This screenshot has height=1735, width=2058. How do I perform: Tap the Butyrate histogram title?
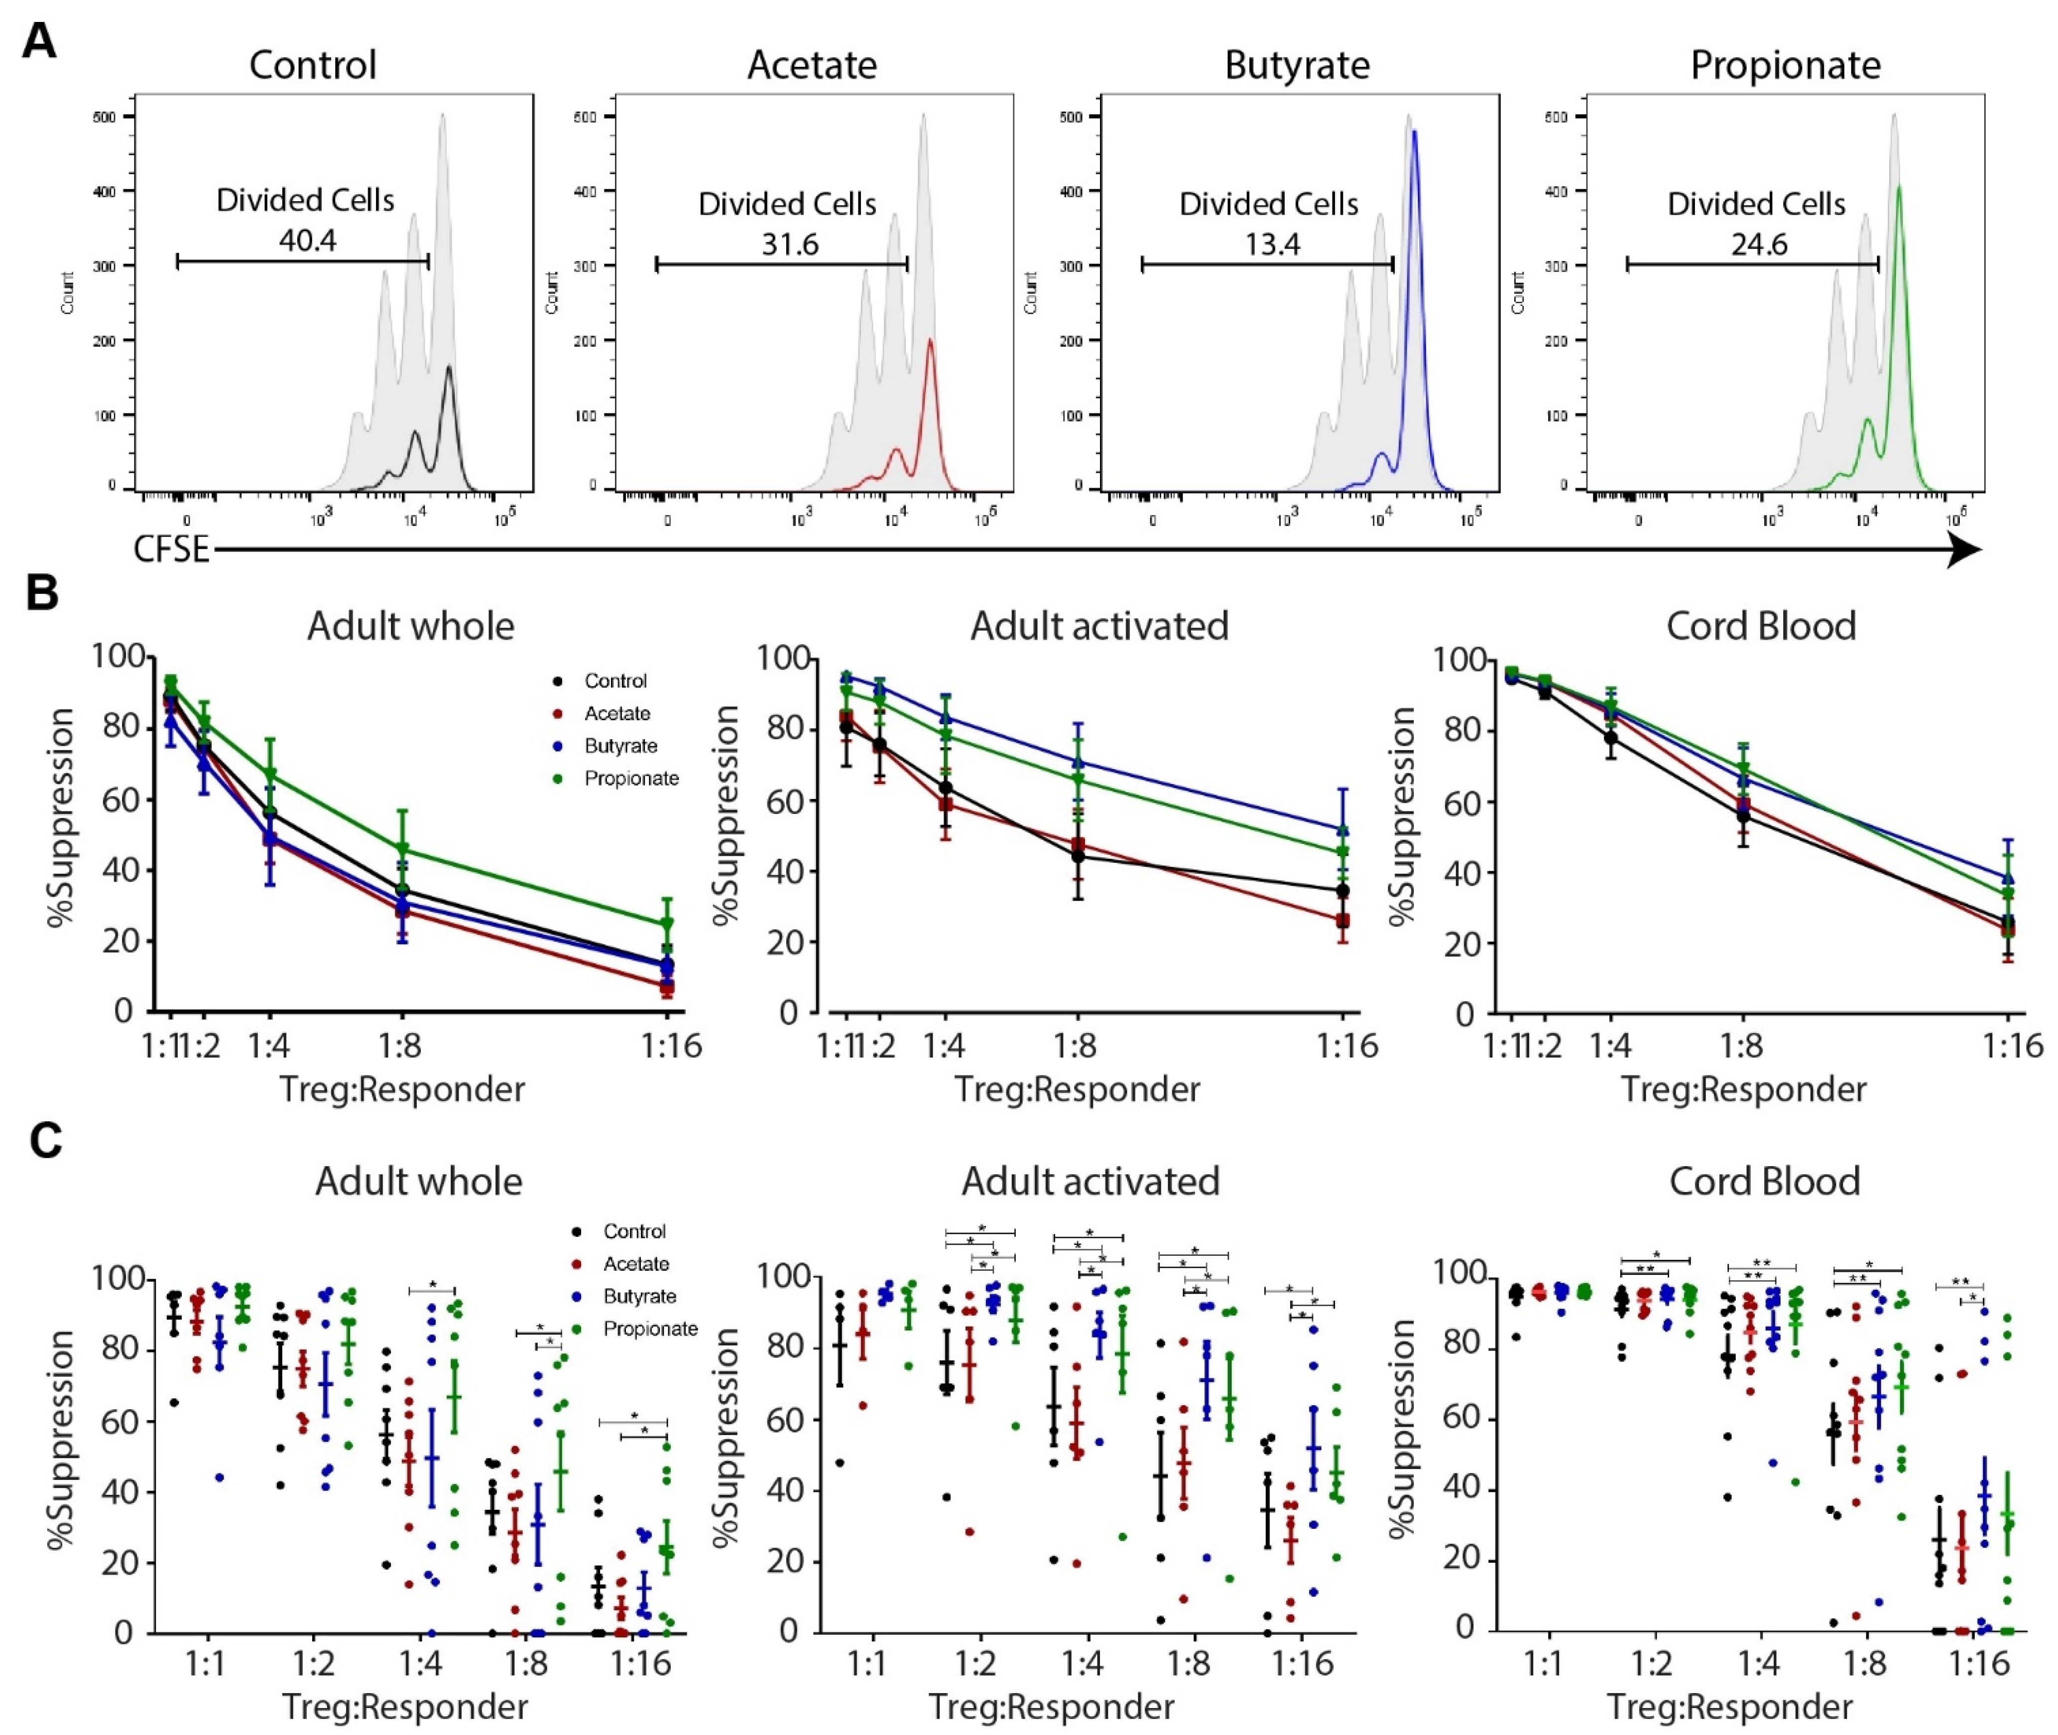click(x=1297, y=65)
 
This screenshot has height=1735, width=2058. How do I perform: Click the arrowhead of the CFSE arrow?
click(x=1961, y=551)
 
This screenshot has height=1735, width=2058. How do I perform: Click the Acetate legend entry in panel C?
click(x=635, y=1264)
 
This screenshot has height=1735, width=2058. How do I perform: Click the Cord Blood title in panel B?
click(x=1761, y=626)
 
